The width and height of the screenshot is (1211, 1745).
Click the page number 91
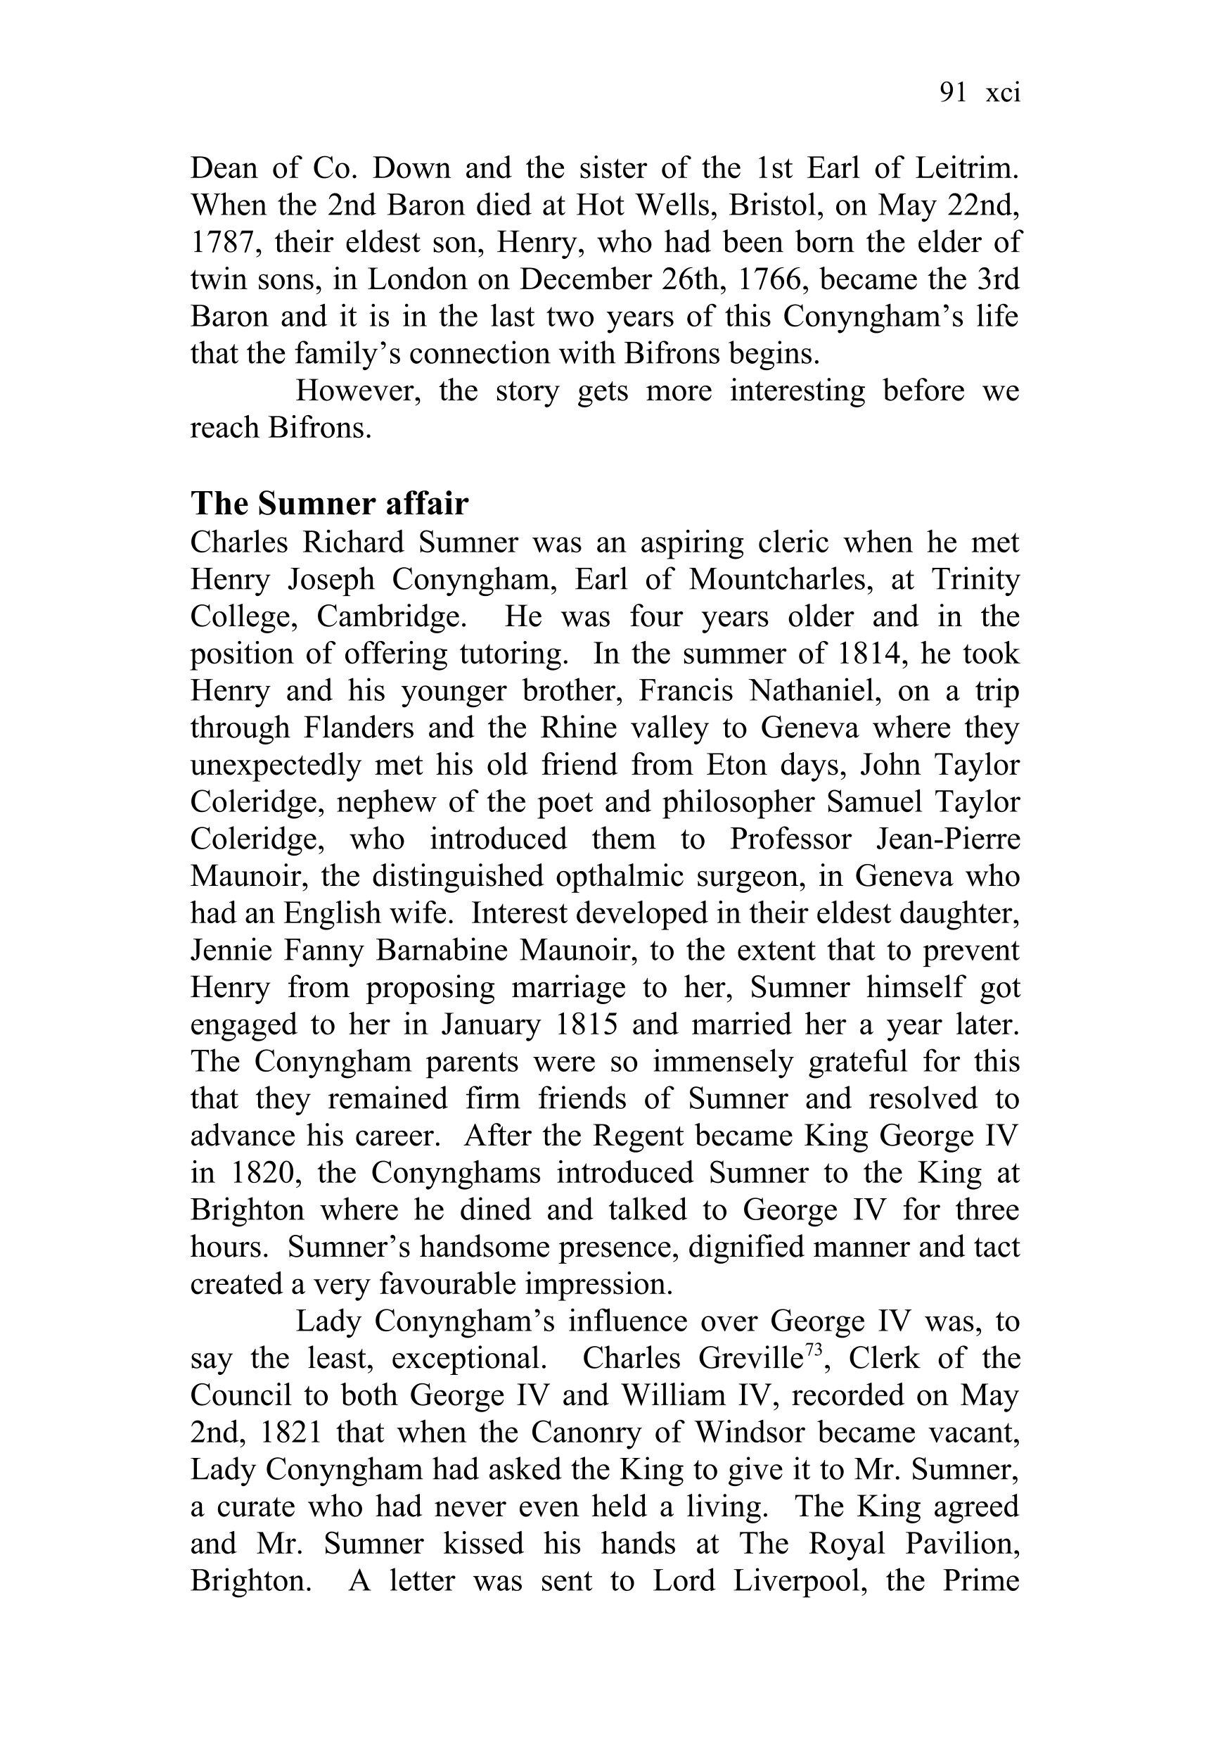click(x=952, y=93)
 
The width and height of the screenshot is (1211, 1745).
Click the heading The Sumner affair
click(x=329, y=503)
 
